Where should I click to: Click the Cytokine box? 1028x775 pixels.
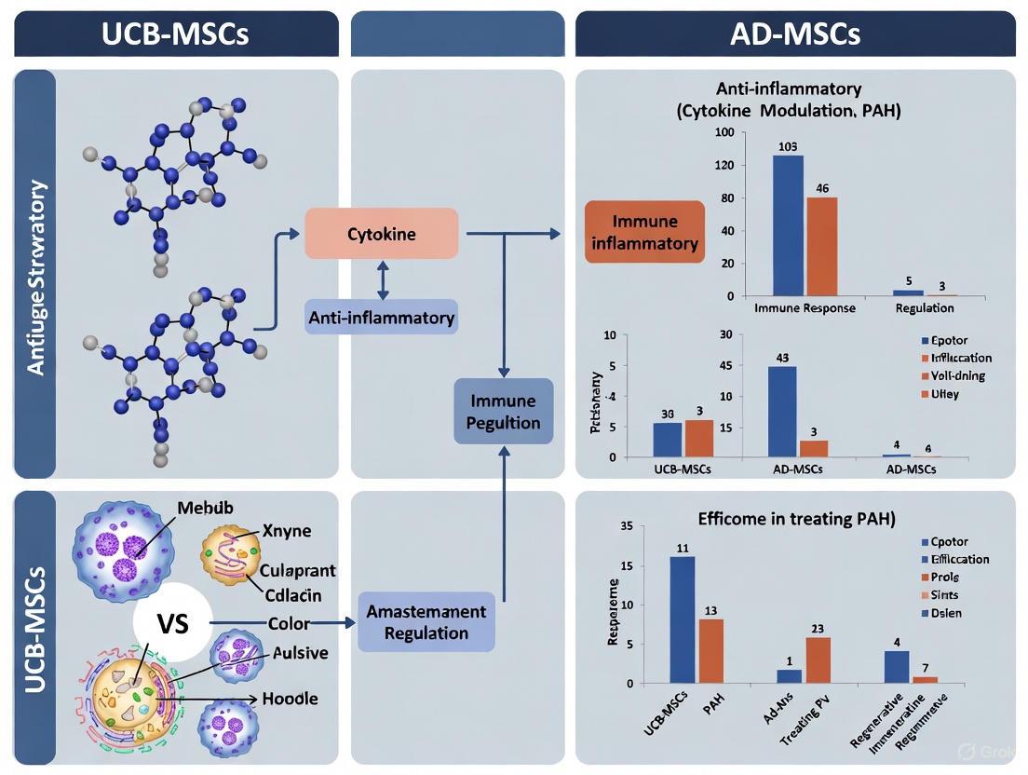click(382, 233)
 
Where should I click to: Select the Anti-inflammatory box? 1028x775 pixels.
click(382, 318)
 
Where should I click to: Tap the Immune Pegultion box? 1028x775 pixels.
click(504, 412)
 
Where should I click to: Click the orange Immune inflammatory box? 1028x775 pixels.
click(643, 232)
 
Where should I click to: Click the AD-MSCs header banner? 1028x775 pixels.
click(795, 34)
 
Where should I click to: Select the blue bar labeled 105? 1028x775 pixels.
click(788, 225)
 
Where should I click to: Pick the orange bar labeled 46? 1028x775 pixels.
click(821, 246)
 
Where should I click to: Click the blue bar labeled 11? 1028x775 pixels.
click(682, 619)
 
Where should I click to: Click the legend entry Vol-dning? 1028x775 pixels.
click(953, 375)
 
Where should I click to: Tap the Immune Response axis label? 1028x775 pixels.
click(805, 308)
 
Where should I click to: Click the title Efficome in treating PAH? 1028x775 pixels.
click(796, 519)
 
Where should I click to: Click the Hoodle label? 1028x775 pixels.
click(291, 698)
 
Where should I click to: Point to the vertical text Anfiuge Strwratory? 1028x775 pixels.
click(35, 278)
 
